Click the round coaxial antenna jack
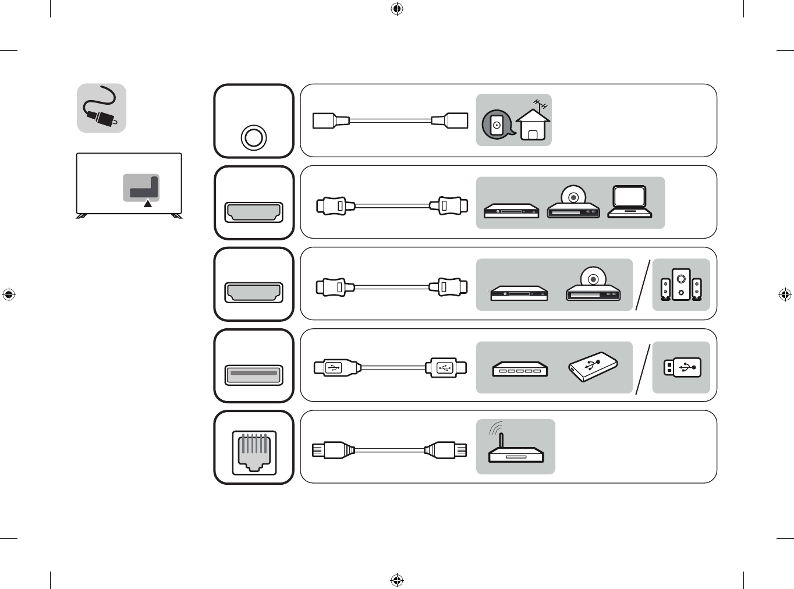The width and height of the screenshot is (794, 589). click(x=254, y=138)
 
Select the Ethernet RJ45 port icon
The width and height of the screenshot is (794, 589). click(x=254, y=453)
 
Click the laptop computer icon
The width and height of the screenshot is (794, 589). click(x=629, y=202)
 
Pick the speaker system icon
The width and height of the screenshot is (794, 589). click(x=680, y=285)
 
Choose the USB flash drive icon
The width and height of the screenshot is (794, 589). click(x=682, y=367)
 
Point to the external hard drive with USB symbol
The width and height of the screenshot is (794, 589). click(x=593, y=367)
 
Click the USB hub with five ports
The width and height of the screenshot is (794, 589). click(x=520, y=369)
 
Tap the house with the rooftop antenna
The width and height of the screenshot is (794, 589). click(x=533, y=124)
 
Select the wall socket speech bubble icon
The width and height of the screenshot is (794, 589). click(x=497, y=125)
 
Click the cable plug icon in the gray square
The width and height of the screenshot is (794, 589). click(x=102, y=108)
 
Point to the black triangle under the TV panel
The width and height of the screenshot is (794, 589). click(x=148, y=204)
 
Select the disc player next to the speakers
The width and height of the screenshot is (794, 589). click(x=593, y=285)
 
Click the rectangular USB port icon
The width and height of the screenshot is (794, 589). click(x=254, y=374)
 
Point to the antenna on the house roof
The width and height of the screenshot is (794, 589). click(x=541, y=105)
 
